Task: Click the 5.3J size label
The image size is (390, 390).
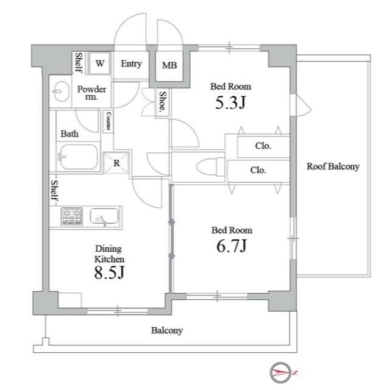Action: (x=230, y=102)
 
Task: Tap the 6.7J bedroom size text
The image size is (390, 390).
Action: (x=232, y=246)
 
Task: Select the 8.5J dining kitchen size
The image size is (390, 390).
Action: (x=110, y=272)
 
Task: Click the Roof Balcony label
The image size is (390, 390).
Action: (x=333, y=166)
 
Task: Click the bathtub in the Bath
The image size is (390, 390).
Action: (x=78, y=157)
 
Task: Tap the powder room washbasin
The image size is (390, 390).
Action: (x=61, y=91)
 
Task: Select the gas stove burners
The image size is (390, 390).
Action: (x=72, y=216)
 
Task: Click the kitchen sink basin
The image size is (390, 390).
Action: (x=104, y=216)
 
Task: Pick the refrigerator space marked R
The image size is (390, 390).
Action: (x=116, y=163)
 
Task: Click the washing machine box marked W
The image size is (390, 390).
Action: (x=100, y=63)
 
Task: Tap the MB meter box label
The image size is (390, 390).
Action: (x=169, y=65)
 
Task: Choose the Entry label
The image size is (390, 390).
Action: (x=132, y=63)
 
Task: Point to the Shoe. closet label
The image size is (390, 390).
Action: (x=163, y=101)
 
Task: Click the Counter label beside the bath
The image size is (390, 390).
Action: (x=108, y=121)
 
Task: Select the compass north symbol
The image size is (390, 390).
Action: (x=281, y=372)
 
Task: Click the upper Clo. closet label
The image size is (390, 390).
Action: (x=263, y=146)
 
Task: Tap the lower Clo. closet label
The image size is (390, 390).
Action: (x=258, y=170)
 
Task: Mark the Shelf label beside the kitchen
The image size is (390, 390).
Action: (x=54, y=190)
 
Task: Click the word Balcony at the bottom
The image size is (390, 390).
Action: (x=167, y=330)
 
